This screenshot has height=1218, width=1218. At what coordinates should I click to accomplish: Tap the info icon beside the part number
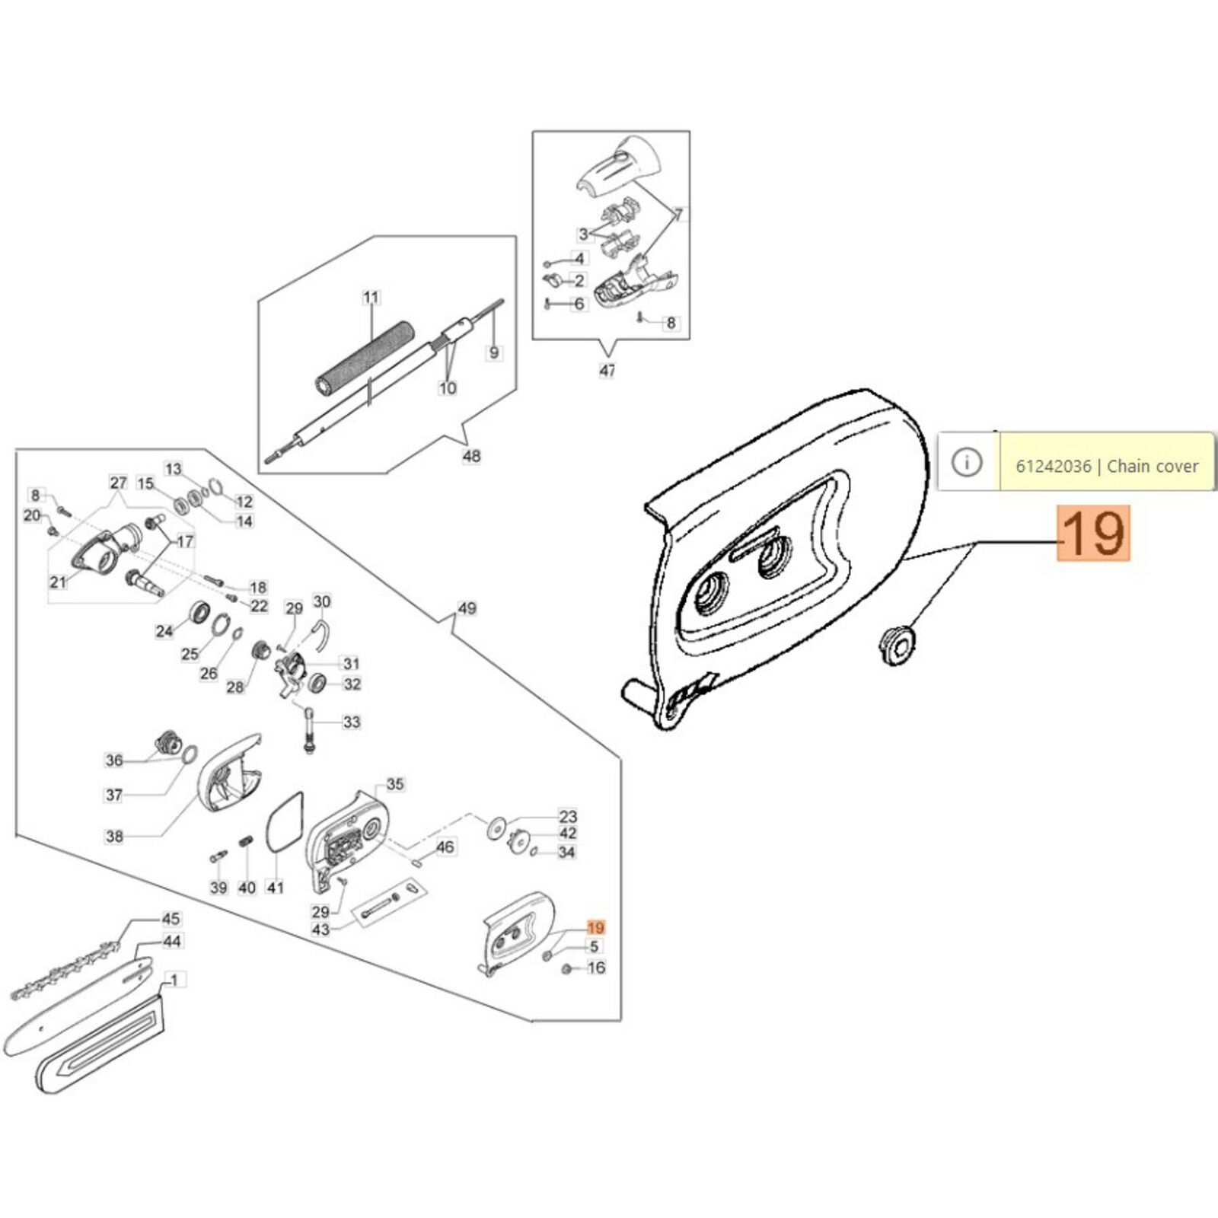[x=967, y=462]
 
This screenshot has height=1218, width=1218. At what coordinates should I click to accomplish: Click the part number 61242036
[x=1053, y=466]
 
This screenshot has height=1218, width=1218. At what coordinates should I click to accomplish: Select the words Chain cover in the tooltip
[x=1153, y=466]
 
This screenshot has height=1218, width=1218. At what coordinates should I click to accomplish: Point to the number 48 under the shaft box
[x=471, y=456]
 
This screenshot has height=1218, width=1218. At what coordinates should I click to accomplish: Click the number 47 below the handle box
[x=607, y=371]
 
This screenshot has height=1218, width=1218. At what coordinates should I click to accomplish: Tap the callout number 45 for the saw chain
[x=171, y=919]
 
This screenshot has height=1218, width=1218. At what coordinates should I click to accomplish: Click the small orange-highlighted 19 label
[x=595, y=927]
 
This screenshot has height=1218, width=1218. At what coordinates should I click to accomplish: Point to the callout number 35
[x=395, y=784]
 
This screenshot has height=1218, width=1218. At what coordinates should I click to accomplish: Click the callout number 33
[x=351, y=721]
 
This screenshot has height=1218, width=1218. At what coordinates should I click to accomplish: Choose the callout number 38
[x=114, y=836]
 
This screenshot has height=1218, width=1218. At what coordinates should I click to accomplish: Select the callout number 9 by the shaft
[x=494, y=352]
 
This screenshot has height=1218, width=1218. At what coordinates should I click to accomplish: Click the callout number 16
[x=596, y=968]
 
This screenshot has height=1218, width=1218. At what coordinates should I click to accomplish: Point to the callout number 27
[x=118, y=483]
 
